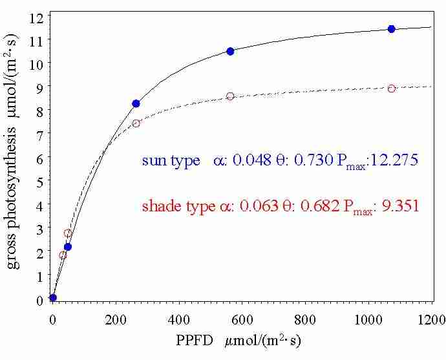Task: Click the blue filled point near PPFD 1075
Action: pos(391,28)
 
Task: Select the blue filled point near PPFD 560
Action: pos(230,51)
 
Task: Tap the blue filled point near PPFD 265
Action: pos(136,103)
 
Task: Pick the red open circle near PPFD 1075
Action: pos(391,88)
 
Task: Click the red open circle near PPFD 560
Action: pos(230,96)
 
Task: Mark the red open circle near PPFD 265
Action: pos(136,123)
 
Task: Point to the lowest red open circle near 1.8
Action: pos(63,255)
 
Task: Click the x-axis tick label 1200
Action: pos(431,318)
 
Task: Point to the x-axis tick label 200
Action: pos(116,318)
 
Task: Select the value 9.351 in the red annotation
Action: pos(399,207)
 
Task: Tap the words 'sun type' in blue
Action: pos(171,161)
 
